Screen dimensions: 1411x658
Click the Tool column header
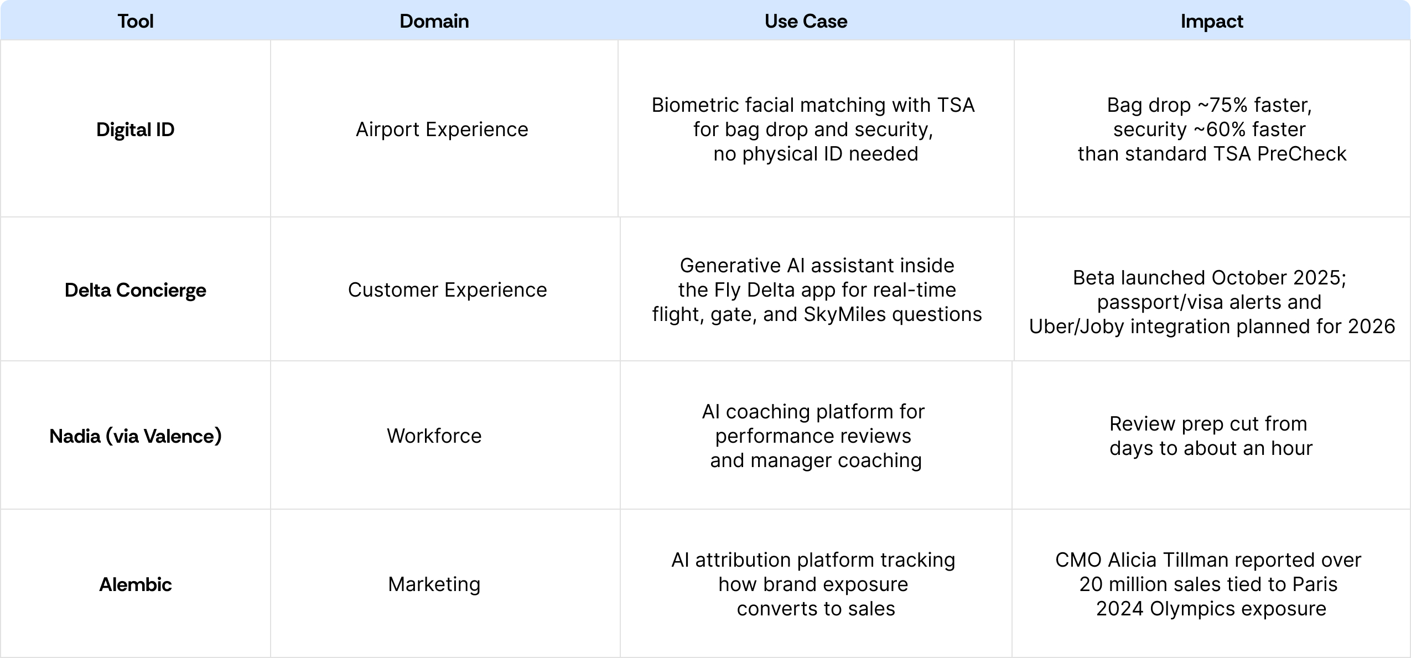(x=136, y=21)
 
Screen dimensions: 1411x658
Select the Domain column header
(x=434, y=21)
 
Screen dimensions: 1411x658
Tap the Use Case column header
(x=806, y=21)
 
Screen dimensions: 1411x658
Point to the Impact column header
(x=1212, y=21)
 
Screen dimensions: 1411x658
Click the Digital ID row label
(x=136, y=129)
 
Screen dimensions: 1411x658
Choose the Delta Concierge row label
(x=136, y=290)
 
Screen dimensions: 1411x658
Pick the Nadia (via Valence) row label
(x=136, y=436)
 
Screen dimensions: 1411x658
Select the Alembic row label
(x=136, y=584)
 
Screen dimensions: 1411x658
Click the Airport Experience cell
(x=442, y=129)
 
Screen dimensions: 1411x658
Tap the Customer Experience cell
(x=447, y=290)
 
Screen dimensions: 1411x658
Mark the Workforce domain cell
(x=434, y=436)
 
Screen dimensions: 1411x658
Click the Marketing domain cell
(x=434, y=584)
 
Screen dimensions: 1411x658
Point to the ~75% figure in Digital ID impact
(x=1223, y=105)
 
